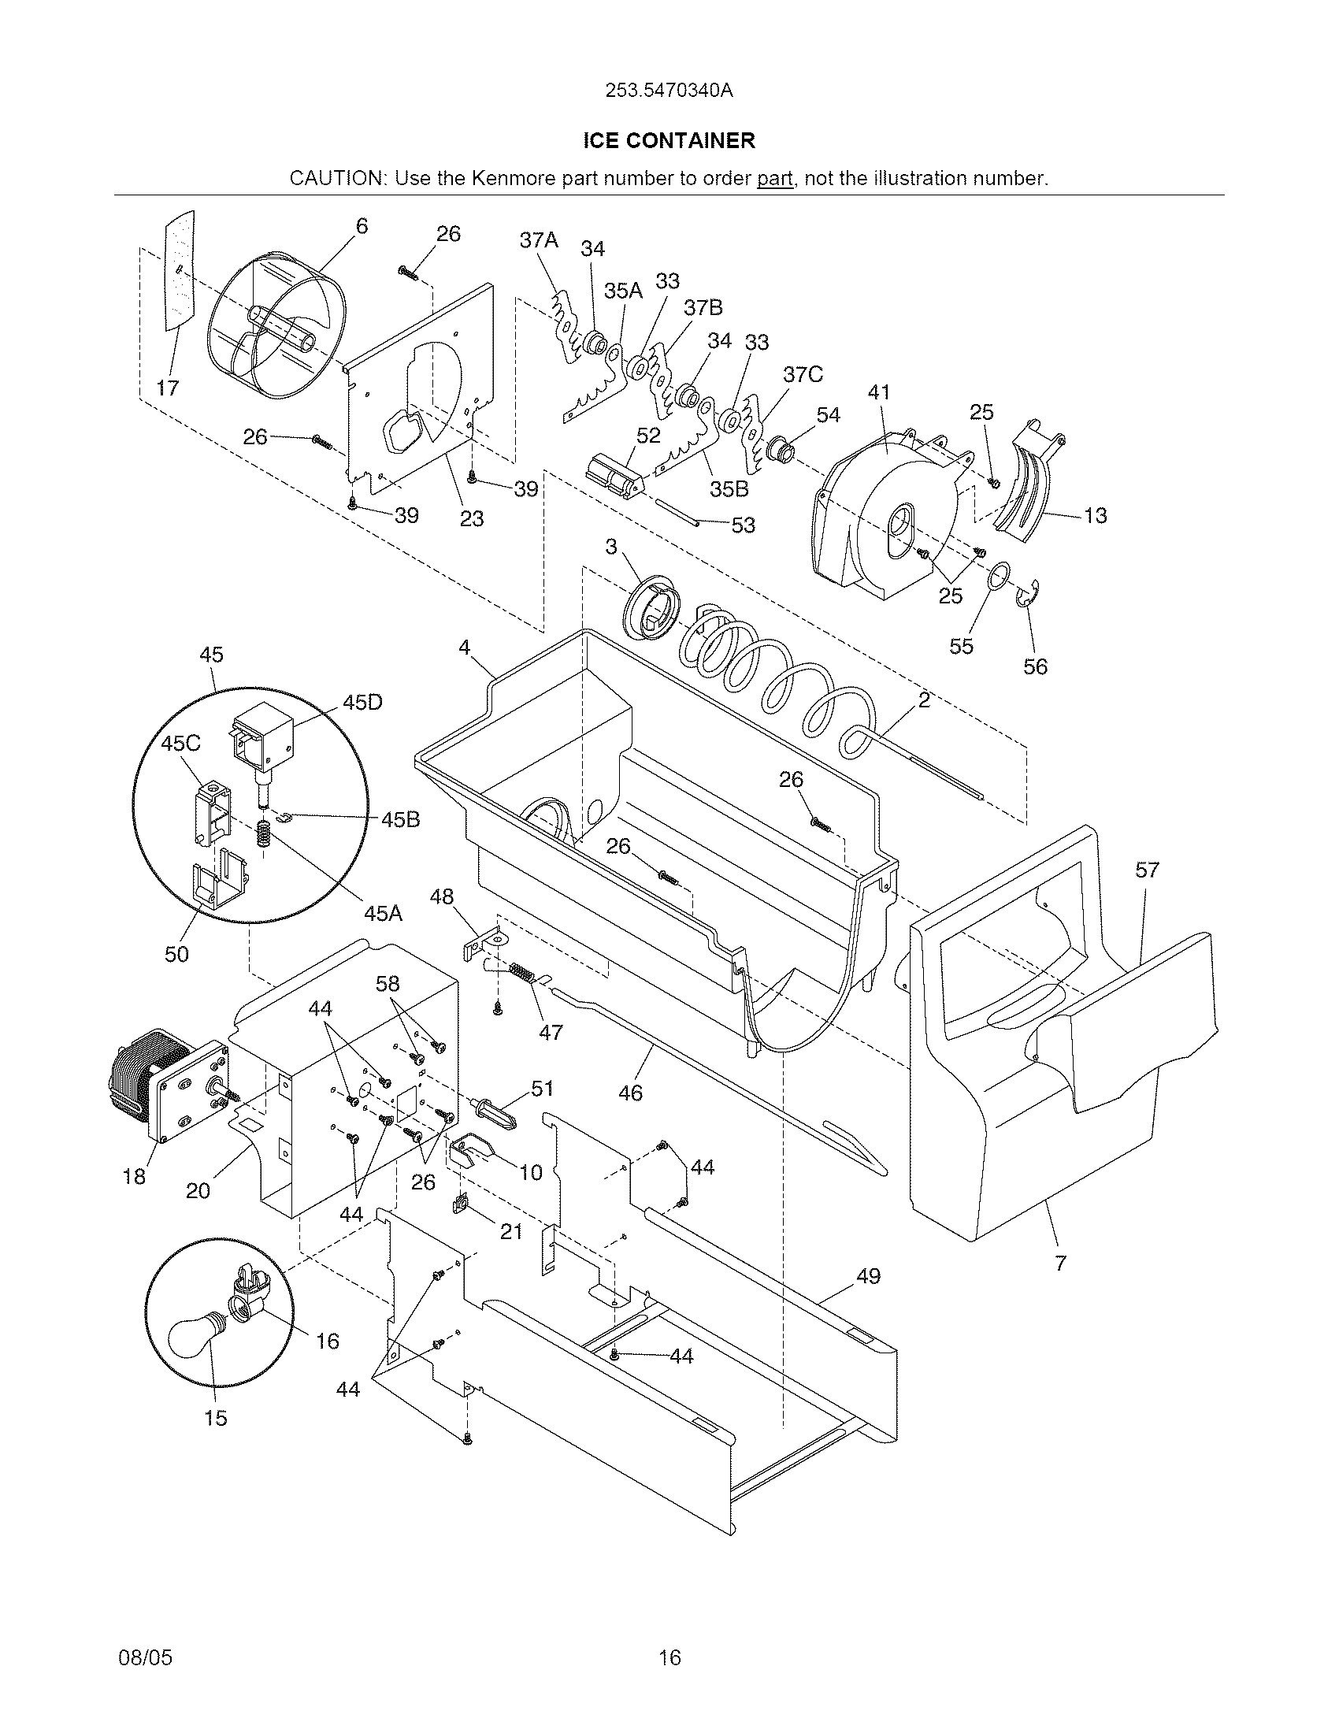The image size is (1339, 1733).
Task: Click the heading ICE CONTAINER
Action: pyautogui.click(x=669, y=140)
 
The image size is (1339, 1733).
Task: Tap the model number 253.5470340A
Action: pyautogui.click(x=669, y=91)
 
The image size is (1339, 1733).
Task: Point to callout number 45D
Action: pyautogui.click(x=362, y=703)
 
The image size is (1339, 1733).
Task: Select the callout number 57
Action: pyautogui.click(x=1146, y=870)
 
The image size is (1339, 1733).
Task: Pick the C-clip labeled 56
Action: pyautogui.click(x=1028, y=596)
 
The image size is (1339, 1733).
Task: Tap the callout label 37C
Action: pyautogui.click(x=802, y=373)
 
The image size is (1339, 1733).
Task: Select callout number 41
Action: pyautogui.click(x=878, y=392)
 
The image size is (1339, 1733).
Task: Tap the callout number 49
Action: pyautogui.click(x=868, y=1276)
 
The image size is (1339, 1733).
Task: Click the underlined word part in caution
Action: pyautogui.click(x=774, y=178)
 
